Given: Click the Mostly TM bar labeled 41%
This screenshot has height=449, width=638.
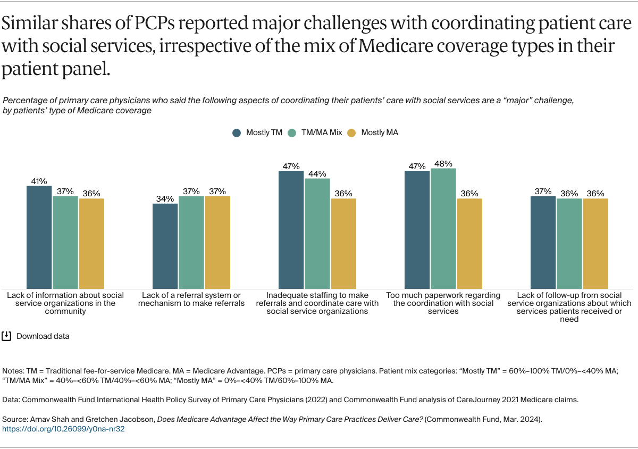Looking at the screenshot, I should pos(39,237).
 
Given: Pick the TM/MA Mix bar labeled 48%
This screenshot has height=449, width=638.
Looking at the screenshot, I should pos(443,228).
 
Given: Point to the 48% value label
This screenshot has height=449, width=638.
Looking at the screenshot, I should pos(443,163).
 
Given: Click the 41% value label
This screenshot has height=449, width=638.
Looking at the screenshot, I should pos(39,181).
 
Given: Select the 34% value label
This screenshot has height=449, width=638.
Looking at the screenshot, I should pos(165,198).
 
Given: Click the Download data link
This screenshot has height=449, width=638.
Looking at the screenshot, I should pos(43,336).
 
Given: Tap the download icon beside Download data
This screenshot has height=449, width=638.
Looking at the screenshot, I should pos(6,336).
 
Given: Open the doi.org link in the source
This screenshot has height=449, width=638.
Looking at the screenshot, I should pos(63,428).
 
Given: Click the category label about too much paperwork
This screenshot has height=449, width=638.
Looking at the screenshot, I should pos(443,303).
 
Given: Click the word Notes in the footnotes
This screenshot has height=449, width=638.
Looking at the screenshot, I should pos(12,370).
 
